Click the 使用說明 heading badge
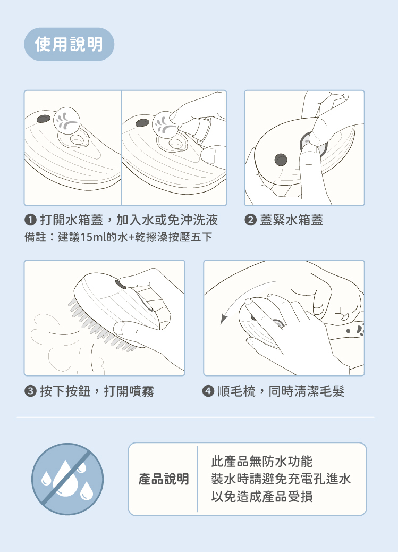[69, 44]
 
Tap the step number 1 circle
[31, 220]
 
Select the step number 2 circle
[250, 220]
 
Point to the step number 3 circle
[31, 391]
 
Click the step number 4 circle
[208, 391]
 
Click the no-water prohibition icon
[67, 479]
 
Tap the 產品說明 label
[164, 479]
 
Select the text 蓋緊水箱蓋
[291, 220]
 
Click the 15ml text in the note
[93, 237]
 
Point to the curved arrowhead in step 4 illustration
[224, 319]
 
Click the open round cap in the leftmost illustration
[66, 120]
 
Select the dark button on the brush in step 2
[281, 160]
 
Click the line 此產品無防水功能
[262, 462]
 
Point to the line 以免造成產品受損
[262, 497]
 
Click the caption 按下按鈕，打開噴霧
[97, 391]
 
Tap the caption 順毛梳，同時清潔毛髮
[281, 391]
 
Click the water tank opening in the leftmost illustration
[76, 139]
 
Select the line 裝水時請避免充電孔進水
[281, 479]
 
